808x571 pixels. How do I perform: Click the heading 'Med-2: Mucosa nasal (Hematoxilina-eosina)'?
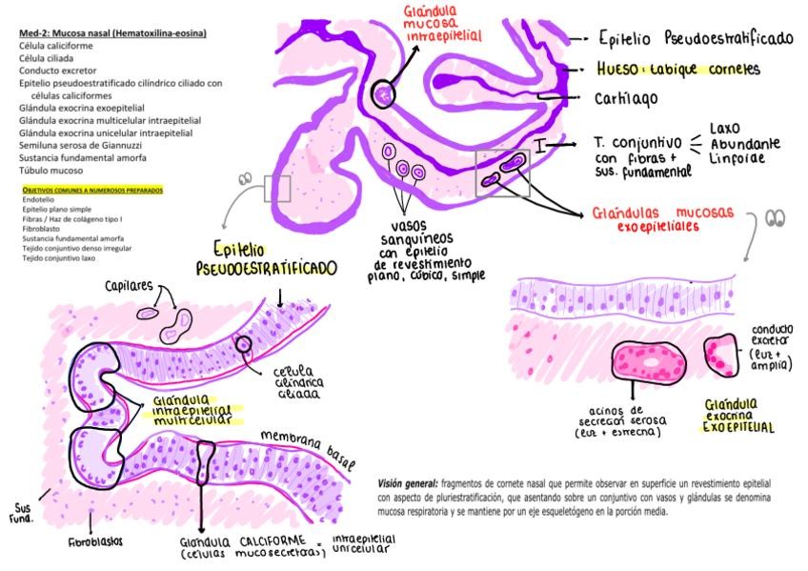[112, 33]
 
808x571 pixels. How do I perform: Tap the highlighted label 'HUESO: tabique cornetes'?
[677, 69]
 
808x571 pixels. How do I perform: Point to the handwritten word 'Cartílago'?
[626, 97]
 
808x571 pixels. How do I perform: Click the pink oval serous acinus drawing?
[650, 362]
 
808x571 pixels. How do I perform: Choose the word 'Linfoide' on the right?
[735, 159]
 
